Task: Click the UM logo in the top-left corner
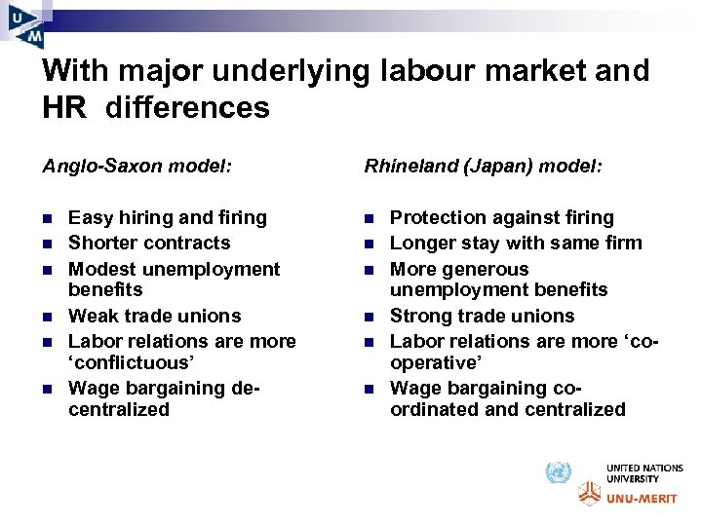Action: click(26, 23)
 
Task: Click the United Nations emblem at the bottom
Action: click(557, 473)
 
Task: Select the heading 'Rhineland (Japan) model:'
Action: click(484, 167)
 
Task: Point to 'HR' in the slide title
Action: click(65, 107)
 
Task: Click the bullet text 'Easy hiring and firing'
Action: click(168, 217)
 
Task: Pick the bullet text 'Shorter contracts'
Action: click(149, 243)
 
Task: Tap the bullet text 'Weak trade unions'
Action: click(154, 316)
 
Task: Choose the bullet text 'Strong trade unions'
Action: click(483, 316)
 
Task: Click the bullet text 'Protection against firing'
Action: click(502, 217)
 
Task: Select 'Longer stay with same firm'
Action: click(516, 243)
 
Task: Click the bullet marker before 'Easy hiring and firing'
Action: click(48, 218)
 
